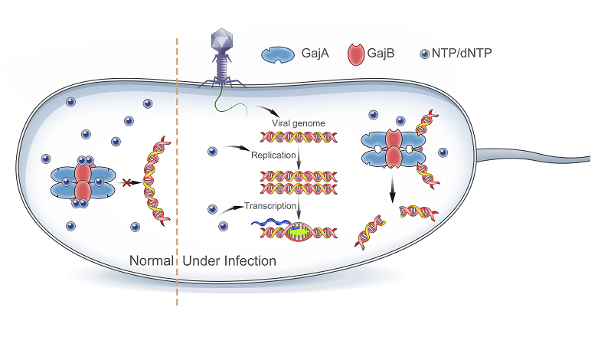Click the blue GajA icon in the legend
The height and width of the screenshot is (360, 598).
click(x=280, y=54)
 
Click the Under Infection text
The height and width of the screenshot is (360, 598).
click(x=229, y=261)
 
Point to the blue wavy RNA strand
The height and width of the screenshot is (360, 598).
click(x=270, y=223)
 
